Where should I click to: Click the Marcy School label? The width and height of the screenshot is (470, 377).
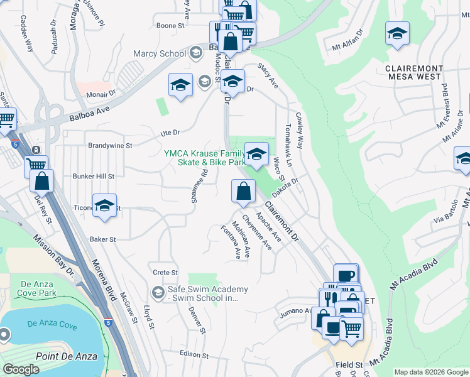160,53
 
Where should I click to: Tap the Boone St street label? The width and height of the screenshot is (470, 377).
170,26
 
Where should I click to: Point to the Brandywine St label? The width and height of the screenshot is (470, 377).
110,145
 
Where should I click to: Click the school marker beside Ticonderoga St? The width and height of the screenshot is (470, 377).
105,205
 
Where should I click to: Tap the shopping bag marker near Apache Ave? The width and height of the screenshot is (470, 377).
243,191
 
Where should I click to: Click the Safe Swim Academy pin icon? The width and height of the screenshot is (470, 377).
158,292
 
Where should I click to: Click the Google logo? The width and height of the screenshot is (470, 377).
21,369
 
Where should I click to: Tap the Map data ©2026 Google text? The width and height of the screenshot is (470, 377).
430,372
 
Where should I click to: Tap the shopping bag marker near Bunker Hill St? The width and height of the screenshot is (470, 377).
41,180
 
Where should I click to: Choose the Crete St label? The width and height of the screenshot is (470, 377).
166,272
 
